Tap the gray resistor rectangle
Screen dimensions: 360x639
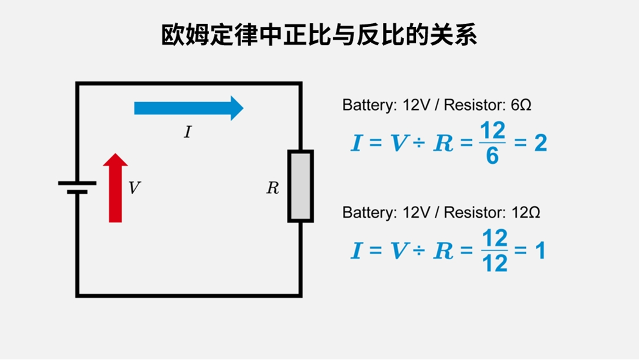[301, 186]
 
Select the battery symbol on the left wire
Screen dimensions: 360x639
[77, 187]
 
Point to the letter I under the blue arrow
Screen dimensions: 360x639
[188, 132]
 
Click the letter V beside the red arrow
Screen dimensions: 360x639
[134, 188]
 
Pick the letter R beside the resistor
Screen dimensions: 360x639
[273, 188]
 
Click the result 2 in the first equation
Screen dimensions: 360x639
[540, 144]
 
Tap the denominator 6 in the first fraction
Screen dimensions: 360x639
[493, 156]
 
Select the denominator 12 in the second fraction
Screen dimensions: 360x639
[495, 264]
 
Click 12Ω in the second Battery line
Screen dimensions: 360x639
[525, 213]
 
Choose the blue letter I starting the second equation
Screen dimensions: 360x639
[356, 251]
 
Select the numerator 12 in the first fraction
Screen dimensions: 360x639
[493, 131]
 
